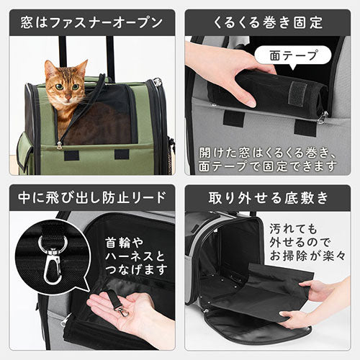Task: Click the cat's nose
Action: tap(68, 97)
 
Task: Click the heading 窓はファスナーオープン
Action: tap(91, 23)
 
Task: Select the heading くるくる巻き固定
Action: tap(268, 23)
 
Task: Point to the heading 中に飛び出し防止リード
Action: tap(92, 198)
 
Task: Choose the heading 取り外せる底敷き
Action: tap(268, 198)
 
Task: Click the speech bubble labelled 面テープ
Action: tap(293, 55)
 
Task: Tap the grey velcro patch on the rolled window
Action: tap(298, 93)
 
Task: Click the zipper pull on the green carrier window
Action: tap(59, 145)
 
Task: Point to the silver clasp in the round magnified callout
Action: tap(53, 259)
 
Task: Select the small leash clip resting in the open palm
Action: tap(122, 309)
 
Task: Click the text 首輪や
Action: tap(125, 243)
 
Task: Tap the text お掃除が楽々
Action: tap(307, 256)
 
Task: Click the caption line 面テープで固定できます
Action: tap(268, 166)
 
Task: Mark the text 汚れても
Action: tap(293, 229)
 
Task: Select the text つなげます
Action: tap(136, 269)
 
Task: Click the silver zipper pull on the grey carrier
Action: tap(323, 117)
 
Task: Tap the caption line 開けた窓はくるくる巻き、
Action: tap(267, 153)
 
